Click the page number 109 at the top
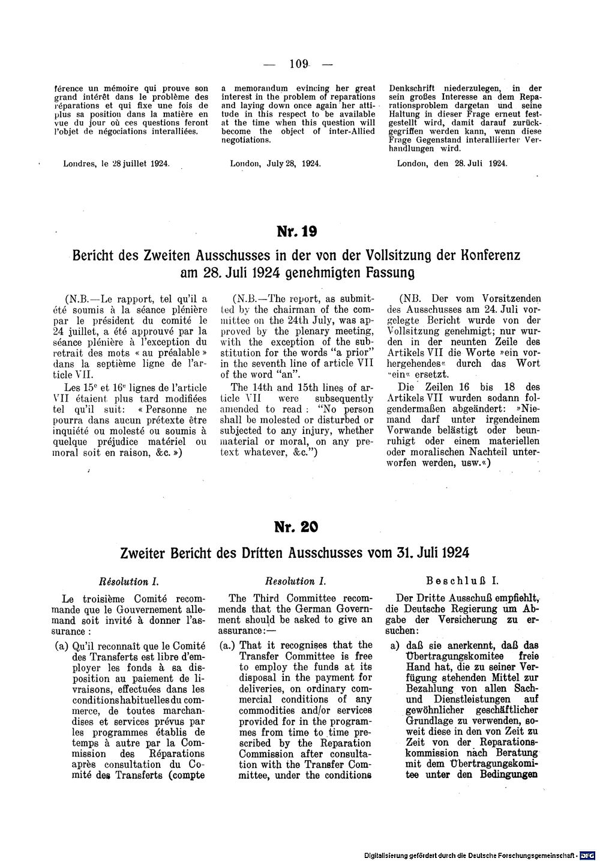click(x=298, y=64)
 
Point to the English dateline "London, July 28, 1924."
click(x=275, y=163)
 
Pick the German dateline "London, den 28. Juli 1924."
click(x=452, y=163)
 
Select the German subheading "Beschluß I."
click(x=463, y=581)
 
